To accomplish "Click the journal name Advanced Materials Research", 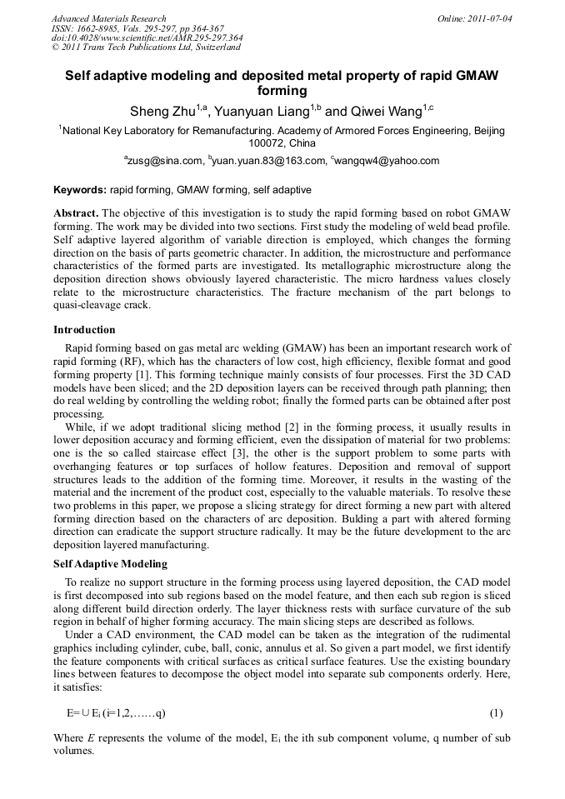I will [x=108, y=18].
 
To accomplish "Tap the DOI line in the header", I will [x=147, y=37].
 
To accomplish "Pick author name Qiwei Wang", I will [x=386, y=111].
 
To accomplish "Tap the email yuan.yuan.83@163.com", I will [x=268, y=161].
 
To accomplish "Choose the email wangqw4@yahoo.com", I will [x=387, y=161].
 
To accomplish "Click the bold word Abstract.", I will [x=77, y=212].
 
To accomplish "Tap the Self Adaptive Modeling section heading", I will [x=110, y=564].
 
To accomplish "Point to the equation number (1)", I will [x=496, y=713].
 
